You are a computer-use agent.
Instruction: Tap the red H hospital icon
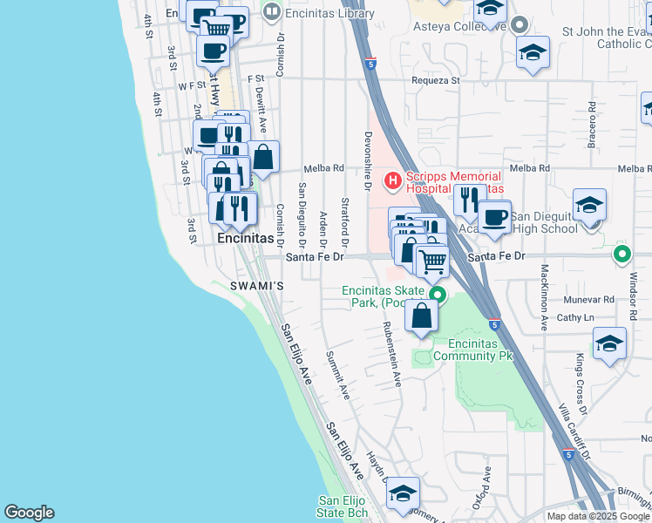(393, 180)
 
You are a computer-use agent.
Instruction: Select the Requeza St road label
(436, 80)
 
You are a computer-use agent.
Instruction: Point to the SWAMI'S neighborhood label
(257, 286)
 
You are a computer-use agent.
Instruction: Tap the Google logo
(29, 513)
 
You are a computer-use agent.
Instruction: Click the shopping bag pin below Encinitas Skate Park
(422, 317)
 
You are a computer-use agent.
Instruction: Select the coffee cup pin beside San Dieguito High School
(494, 218)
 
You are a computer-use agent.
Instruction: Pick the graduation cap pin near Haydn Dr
(403, 493)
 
